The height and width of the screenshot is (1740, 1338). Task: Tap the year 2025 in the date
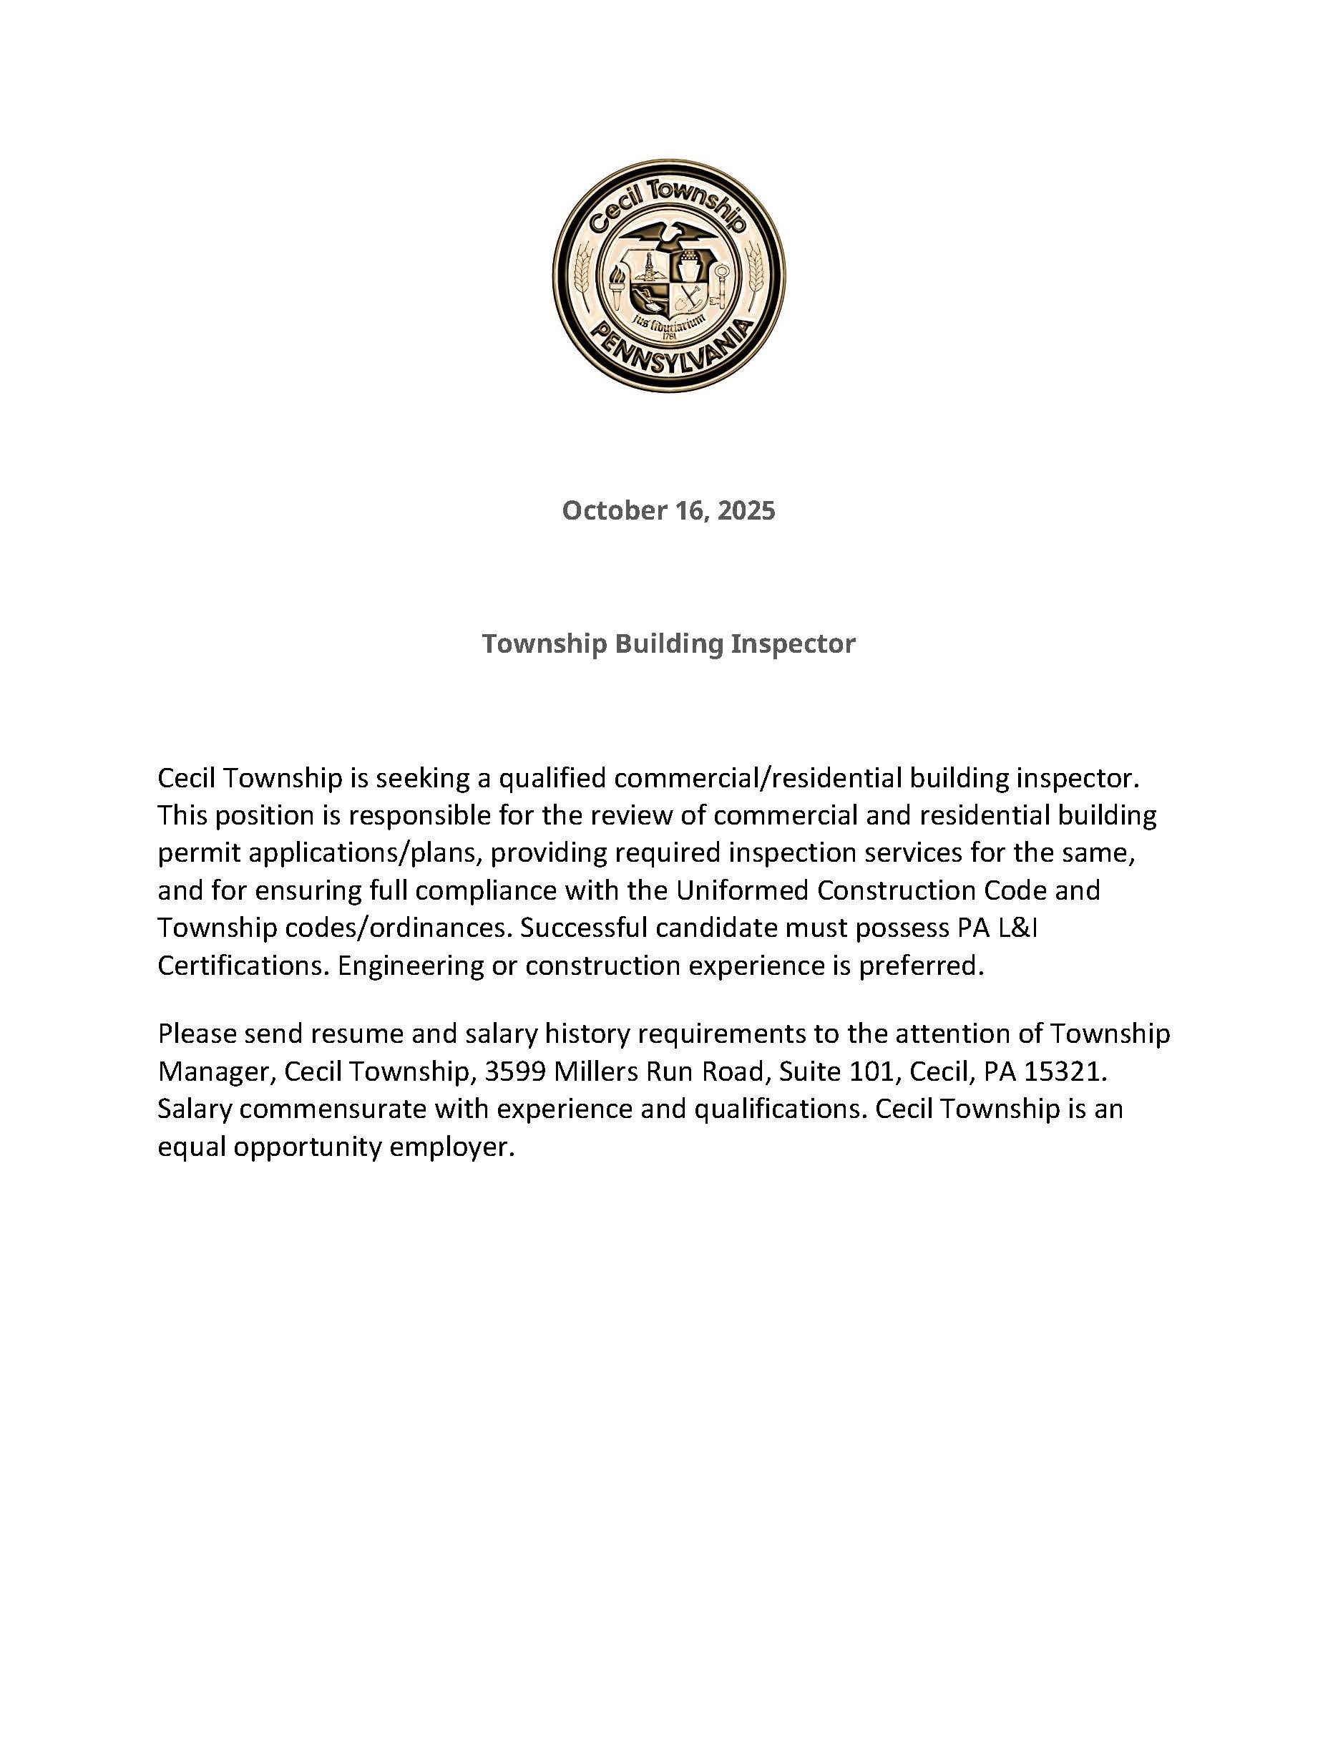[746, 510]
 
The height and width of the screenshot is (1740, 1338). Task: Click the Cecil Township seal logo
[669, 275]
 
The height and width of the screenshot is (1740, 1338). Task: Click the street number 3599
[514, 1071]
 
